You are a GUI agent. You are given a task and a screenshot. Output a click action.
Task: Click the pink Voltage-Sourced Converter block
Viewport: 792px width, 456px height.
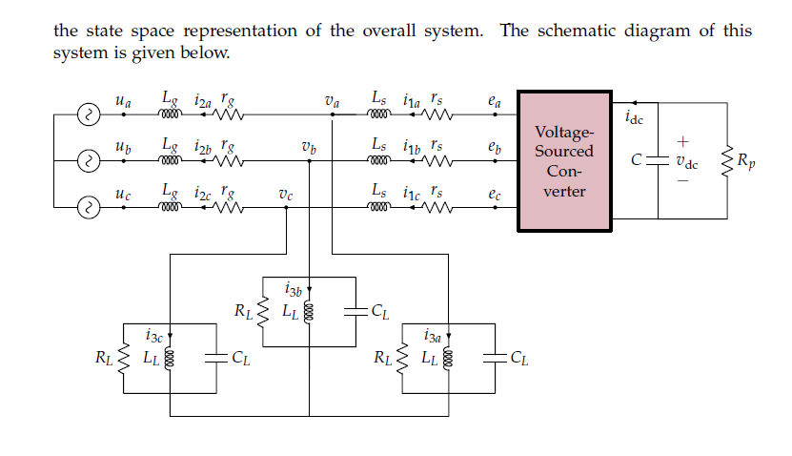click(x=564, y=161)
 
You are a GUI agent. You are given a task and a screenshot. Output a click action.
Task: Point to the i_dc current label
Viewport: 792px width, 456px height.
click(x=635, y=118)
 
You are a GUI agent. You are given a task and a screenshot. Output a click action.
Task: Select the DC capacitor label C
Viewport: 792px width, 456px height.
click(x=645, y=161)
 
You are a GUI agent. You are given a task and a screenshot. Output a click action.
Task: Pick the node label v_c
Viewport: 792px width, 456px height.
click(x=286, y=193)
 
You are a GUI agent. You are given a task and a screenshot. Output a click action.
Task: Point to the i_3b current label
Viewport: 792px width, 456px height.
click(x=294, y=288)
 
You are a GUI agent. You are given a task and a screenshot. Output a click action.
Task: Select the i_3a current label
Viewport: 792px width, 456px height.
click(x=433, y=336)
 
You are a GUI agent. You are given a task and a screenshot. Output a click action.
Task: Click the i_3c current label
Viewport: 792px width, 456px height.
click(x=155, y=336)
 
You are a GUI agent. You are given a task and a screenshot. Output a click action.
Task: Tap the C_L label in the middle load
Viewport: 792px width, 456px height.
click(x=379, y=310)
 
